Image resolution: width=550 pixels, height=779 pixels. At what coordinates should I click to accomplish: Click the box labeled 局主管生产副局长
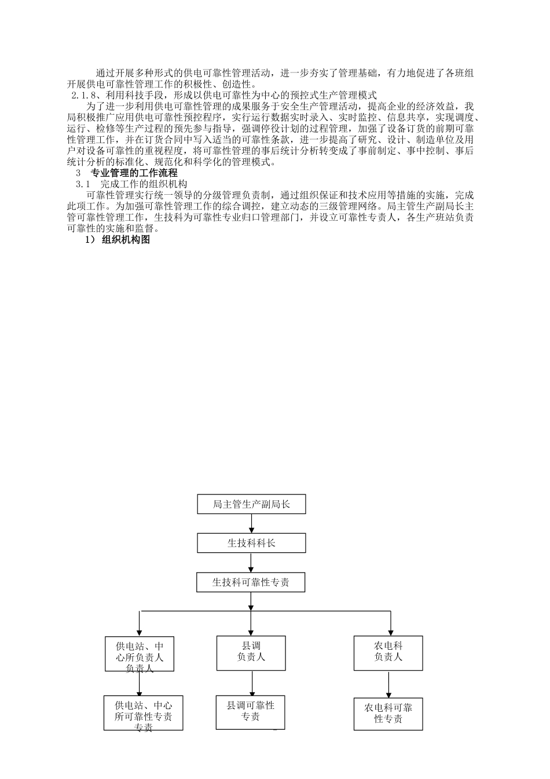tap(251, 504)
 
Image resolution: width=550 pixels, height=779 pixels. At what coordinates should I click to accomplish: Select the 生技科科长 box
tap(251, 543)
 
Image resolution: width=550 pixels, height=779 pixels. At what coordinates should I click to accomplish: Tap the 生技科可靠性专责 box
tap(251, 583)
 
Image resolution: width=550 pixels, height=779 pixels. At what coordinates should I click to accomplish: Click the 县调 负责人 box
tap(251, 653)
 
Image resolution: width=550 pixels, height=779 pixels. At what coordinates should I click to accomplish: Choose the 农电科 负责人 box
tap(388, 653)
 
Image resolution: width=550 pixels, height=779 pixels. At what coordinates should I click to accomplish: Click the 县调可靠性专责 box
tap(251, 712)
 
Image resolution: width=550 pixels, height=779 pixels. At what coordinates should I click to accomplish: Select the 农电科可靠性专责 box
tap(388, 714)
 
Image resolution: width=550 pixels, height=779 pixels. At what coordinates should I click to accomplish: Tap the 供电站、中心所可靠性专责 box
tap(143, 714)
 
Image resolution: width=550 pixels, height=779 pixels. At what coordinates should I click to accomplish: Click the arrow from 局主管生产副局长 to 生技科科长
tap(251, 523)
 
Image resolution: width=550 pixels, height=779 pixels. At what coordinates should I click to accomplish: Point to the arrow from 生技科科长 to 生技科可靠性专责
tap(251, 563)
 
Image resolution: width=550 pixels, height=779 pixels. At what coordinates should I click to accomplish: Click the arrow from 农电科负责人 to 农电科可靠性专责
tap(388, 684)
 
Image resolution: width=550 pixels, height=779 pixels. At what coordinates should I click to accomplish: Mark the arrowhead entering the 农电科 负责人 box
tap(391, 632)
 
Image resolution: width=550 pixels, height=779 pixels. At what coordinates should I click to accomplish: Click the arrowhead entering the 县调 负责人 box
tap(251, 632)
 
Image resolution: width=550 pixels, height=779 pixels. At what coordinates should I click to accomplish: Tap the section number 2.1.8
tap(84, 94)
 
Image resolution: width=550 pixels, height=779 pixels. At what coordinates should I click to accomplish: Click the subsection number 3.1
tap(83, 184)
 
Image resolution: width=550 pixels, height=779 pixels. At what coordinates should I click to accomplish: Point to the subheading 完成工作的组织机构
tap(144, 184)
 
